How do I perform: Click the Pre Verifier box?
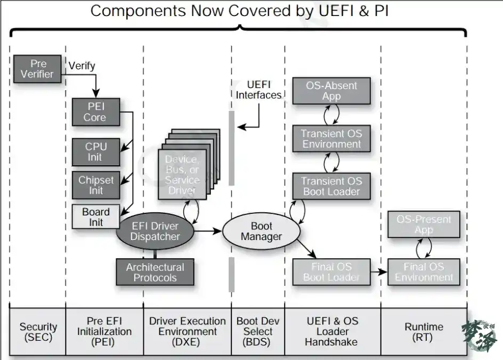coord(37,69)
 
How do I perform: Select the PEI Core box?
coord(96,112)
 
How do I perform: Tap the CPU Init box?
coord(96,151)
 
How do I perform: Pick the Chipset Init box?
coord(96,185)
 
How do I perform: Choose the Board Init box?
coord(96,217)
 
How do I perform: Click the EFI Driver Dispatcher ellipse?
coord(155,231)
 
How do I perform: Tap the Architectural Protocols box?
coord(155,272)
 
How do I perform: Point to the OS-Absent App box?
coord(331,91)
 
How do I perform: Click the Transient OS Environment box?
coord(331,139)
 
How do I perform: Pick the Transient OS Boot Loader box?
coord(331,186)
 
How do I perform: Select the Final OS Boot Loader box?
coord(331,271)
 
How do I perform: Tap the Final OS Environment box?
coord(424,271)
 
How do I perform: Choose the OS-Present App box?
coord(424,225)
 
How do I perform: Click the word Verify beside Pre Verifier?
coord(82,66)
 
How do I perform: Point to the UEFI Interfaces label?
coord(259,90)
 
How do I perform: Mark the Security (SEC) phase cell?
coord(38,332)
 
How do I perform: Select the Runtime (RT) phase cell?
coord(424,332)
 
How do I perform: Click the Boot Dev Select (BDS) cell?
coord(258,332)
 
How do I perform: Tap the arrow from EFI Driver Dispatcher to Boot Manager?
coord(208,231)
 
